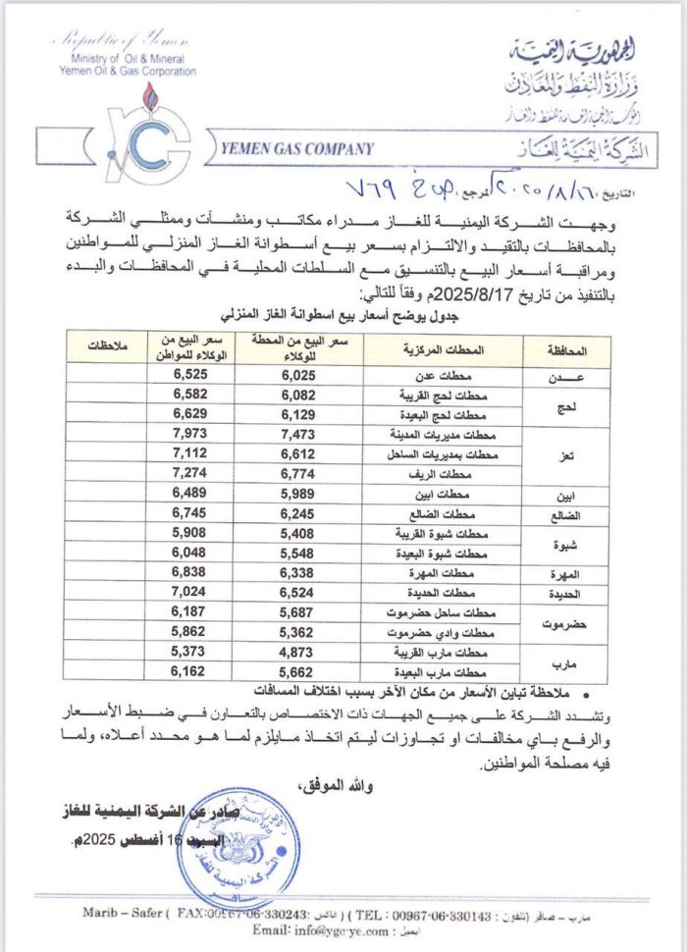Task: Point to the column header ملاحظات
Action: (x=109, y=350)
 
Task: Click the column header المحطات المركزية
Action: (x=444, y=350)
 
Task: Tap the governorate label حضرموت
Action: (x=564, y=622)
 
